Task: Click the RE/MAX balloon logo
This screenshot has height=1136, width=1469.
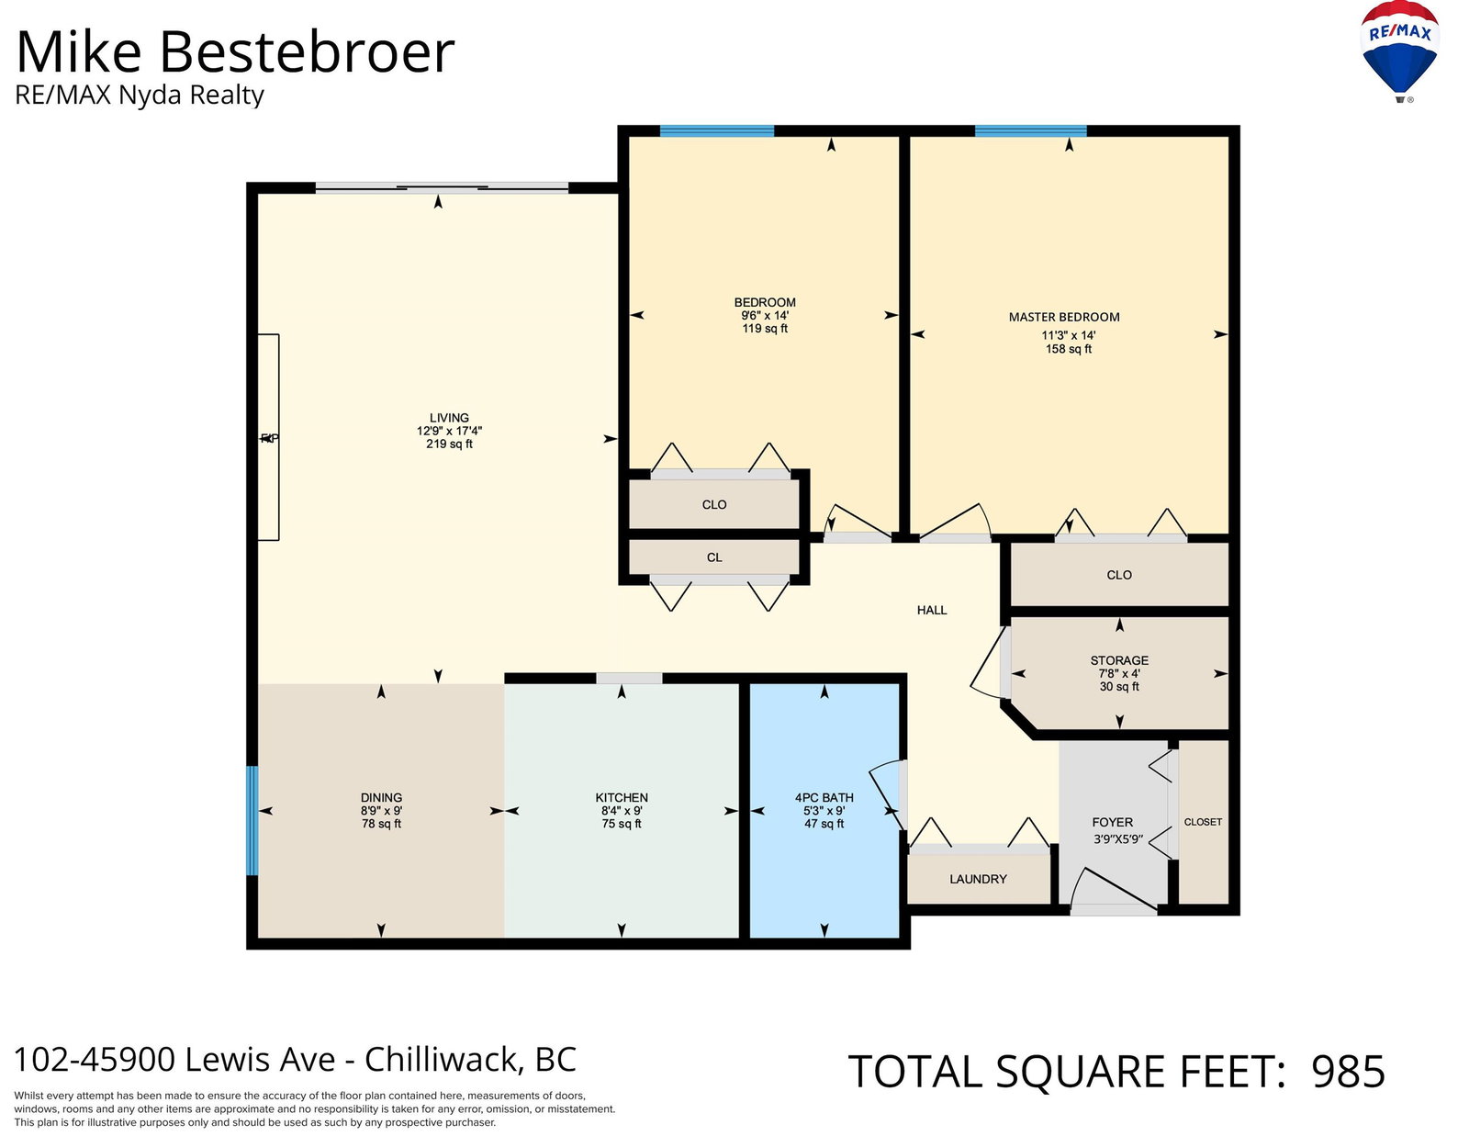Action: [x=1400, y=51]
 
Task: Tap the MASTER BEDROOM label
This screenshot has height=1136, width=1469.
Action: [x=1064, y=317]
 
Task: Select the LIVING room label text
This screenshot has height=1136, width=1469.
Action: [x=449, y=418]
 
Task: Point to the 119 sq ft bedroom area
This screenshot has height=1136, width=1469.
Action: [x=765, y=329]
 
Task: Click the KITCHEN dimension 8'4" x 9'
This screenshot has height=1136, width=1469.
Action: [x=622, y=811]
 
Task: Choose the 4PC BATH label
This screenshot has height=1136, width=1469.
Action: [x=824, y=798]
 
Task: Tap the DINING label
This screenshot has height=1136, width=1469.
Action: [x=381, y=798]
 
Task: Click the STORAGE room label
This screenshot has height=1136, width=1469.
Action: [x=1119, y=660]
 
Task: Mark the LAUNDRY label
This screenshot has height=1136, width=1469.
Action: [x=978, y=879]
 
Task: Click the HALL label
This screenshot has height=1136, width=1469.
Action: [x=932, y=610]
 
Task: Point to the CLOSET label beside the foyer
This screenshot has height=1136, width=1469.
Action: [x=1203, y=822]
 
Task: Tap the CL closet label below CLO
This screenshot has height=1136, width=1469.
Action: [x=714, y=557]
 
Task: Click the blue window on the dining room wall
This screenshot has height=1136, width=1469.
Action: [x=252, y=820]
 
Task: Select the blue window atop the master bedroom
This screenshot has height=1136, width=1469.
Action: [x=1030, y=131]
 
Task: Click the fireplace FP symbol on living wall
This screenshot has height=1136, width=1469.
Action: [x=269, y=438]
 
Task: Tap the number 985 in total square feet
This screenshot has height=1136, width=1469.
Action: [x=1348, y=1071]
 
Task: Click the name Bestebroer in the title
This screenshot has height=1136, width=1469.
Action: [x=307, y=52]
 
